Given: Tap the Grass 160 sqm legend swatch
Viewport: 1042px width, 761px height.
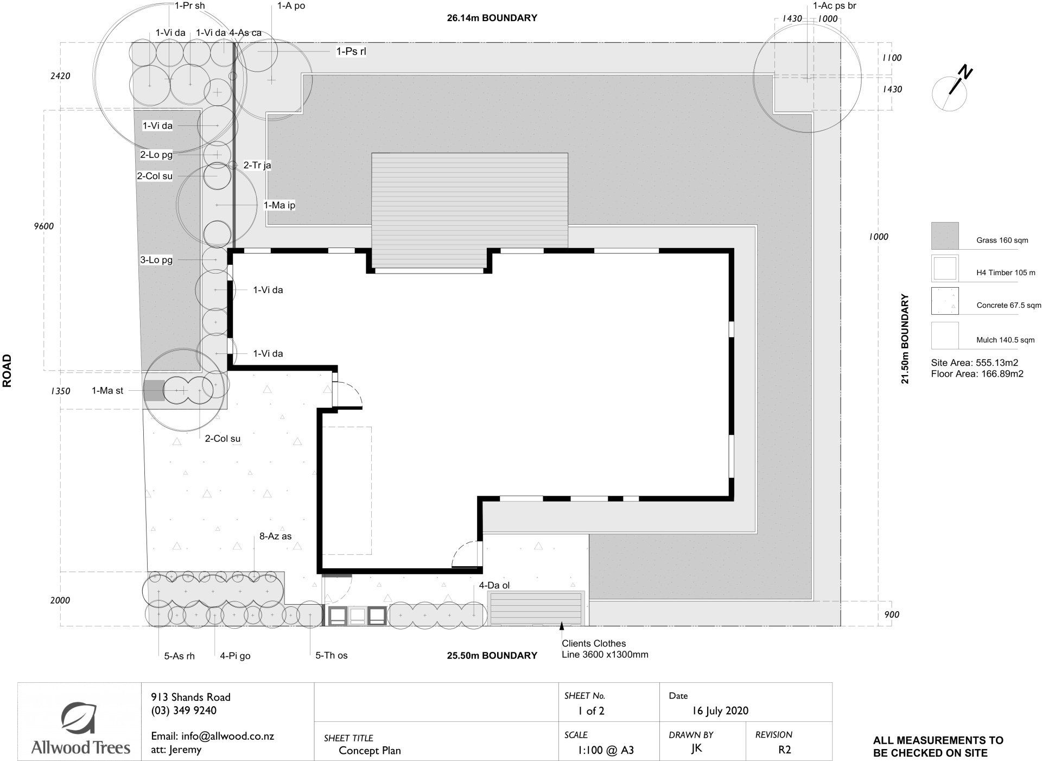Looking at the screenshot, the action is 945,236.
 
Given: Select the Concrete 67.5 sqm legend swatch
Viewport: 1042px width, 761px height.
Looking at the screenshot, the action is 945,301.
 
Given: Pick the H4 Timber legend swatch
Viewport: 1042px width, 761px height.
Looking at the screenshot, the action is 945,269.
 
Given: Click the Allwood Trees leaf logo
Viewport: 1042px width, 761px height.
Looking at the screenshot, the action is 79,719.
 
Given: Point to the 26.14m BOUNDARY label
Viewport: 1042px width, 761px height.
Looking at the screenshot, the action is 492,18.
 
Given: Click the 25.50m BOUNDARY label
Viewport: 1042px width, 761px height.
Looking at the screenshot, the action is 492,655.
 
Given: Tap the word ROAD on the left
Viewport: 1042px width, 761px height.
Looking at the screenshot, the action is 7,371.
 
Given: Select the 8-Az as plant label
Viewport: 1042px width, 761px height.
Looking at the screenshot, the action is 275,536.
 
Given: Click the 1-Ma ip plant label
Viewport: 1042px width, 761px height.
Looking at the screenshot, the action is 279,205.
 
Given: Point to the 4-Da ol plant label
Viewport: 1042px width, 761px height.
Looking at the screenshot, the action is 494,585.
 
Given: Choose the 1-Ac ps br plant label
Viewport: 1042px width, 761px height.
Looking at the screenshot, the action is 834,6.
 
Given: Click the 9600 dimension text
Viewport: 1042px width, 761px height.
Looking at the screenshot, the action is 43,226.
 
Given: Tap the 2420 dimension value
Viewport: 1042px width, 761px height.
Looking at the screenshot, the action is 60,76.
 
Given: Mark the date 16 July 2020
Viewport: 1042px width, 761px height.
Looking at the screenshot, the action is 720,711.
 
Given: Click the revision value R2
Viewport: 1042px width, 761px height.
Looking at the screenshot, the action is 784,750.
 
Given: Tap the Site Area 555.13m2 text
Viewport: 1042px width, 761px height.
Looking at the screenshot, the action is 974,363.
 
